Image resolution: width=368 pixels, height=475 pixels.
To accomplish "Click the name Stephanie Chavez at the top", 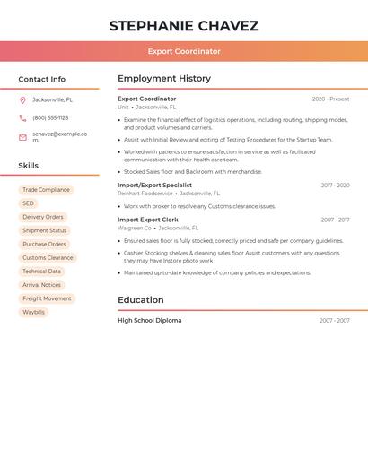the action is click(x=184, y=26).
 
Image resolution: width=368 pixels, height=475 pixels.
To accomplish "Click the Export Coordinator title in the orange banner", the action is click(x=184, y=51).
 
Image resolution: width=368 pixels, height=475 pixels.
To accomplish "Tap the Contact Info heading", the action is click(x=41, y=79).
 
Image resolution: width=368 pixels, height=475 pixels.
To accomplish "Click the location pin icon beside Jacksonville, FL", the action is click(x=22, y=99).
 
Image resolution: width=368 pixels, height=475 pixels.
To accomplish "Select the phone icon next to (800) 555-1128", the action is click(x=22, y=117).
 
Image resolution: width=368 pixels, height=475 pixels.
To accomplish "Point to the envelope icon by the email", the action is click(x=22, y=137).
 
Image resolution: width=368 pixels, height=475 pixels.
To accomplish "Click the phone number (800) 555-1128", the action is click(x=50, y=117).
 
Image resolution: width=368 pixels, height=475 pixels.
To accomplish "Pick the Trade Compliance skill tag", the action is click(x=46, y=190).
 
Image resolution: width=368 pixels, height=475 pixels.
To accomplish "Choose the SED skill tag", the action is click(x=29, y=203).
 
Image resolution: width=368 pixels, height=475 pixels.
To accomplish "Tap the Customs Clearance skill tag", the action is click(x=48, y=258).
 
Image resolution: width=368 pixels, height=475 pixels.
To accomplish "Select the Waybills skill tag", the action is click(x=33, y=312).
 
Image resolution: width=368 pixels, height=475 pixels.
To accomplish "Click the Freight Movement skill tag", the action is click(x=47, y=298).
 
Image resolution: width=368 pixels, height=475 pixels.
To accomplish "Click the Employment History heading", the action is click(x=164, y=79).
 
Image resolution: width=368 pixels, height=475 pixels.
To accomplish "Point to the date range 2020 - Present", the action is click(x=330, y=99).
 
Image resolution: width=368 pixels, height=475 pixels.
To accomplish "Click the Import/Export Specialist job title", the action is click(x=154, y=185).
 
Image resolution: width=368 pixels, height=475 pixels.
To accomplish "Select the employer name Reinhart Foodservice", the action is click(x=145, y=194).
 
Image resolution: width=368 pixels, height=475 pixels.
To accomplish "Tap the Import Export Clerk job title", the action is click(x=148, y=220).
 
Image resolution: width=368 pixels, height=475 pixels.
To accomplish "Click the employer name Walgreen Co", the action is click(x=135, y=229).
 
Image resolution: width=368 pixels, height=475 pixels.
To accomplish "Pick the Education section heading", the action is click(x=141, y=300).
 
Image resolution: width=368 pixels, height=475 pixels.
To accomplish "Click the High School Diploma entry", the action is click(x=149, y=320).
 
